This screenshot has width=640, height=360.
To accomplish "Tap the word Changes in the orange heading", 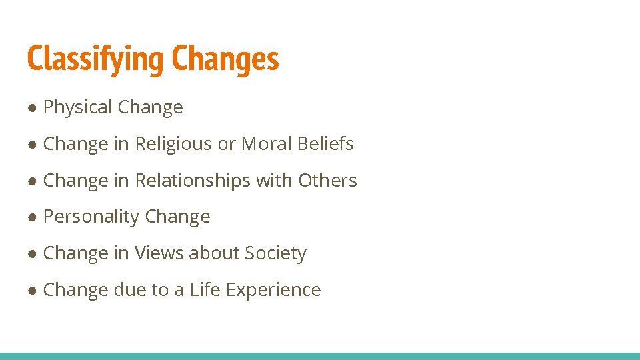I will (225, 59).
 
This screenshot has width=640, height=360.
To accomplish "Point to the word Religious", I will (174, 144).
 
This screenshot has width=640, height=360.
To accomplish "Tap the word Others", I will (327, 181).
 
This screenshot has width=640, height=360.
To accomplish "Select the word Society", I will (275, 253).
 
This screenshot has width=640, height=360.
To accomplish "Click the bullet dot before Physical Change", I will (32, 108).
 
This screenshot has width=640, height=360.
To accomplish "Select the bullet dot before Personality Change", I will (32, 217).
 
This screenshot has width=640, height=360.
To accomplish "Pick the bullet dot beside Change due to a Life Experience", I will (32, 291).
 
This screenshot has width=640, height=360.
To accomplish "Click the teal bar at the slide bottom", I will (320, 356).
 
